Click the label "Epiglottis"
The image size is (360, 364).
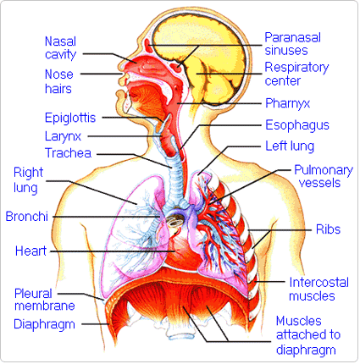(70, 118)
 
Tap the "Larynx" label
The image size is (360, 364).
(63, 136)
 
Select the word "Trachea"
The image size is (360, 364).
(68, 153)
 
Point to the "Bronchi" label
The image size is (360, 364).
(27, 217)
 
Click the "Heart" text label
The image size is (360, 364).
(30, 251)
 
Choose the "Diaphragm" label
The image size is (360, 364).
(44, 324)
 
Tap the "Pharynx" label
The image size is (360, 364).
(287, 103)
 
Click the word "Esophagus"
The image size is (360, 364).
(297, 125)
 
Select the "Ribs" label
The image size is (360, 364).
(328, 229)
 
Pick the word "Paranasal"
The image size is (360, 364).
(292, 37)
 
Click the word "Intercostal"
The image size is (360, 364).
(318, 283)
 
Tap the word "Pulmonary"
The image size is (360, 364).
(324, 170)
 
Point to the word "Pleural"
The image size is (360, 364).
(33, 294)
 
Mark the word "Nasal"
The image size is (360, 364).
(60, 41)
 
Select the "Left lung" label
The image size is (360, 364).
(290, 146)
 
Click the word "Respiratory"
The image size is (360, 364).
(296, 68)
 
